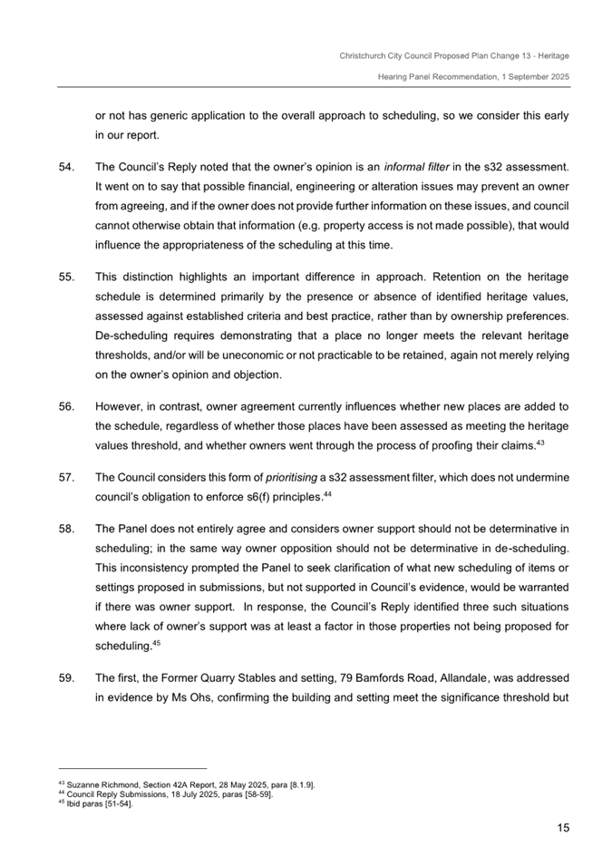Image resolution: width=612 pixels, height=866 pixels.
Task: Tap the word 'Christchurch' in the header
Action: click(364, 56)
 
